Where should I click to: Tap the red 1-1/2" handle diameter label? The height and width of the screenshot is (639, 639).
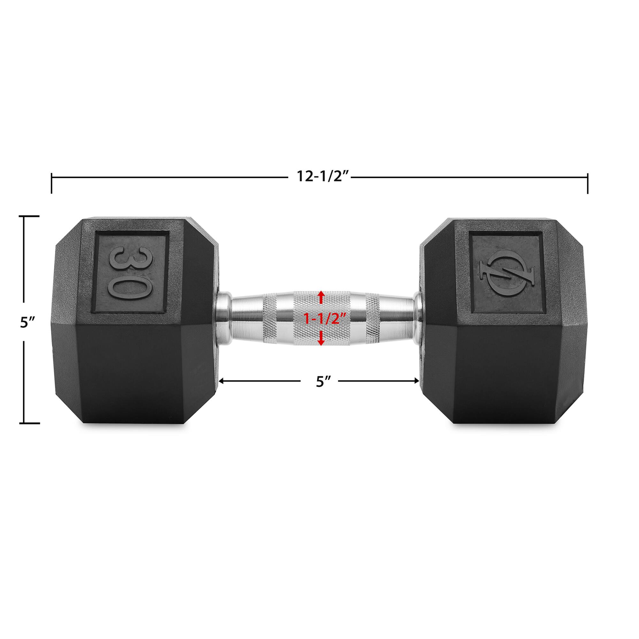325,319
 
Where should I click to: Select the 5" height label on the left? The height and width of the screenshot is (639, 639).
25,322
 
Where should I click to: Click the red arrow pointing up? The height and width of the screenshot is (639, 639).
320,297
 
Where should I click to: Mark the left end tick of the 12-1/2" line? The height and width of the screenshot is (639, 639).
51,182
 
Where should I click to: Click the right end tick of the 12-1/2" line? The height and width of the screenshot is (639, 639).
588,182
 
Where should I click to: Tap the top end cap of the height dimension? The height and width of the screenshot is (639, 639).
29,216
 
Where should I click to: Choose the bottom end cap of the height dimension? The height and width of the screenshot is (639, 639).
29,423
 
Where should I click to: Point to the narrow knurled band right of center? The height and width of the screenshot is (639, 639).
373,319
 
